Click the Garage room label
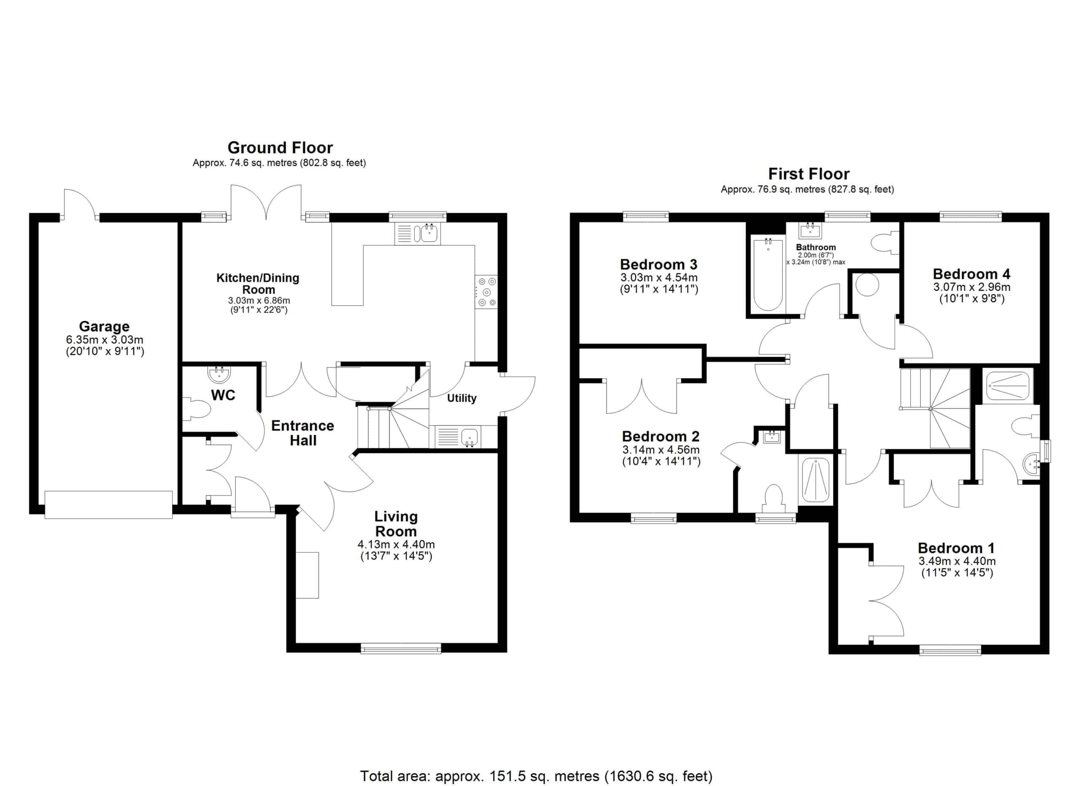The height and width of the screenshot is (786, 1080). tap(104, 326)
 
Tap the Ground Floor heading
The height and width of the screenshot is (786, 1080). tap(280, 148)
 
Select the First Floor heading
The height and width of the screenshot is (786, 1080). tap(809, 174)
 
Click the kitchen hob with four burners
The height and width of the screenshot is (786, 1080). tap(486, 292)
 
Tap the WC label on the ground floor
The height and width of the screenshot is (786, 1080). tap(223, 396)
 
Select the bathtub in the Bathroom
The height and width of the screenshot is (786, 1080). tap(768, 275)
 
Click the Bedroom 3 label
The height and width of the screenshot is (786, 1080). tap(659, 264)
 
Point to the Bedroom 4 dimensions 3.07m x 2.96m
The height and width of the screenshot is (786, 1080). tap(972, 287)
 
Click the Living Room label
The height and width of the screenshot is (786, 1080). tap(396, 523)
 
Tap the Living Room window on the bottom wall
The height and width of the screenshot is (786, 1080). tap(401, 648)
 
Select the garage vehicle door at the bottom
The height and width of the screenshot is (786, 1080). tap(108, 504)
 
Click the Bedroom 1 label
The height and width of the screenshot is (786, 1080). tap(957, 548)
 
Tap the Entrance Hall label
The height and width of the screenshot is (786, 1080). tap(303, 433)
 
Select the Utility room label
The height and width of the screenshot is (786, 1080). tap(462, 398)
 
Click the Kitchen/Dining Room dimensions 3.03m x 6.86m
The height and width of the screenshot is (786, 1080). tap(259, 301)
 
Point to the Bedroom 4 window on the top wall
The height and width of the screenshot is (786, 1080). tap(971, 216)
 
